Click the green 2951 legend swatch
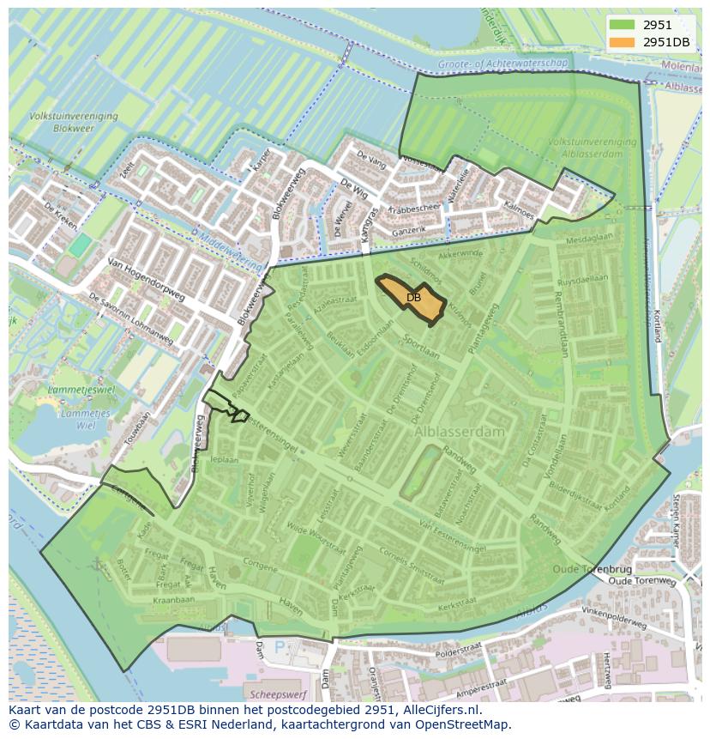[623, 25]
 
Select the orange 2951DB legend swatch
[623, 42]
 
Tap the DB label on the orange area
[413, 298]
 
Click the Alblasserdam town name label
[460, 433]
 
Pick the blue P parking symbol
[279, 645]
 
